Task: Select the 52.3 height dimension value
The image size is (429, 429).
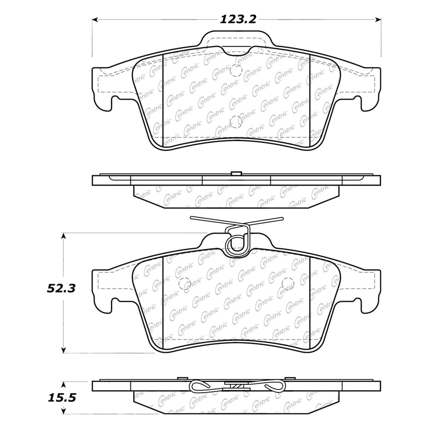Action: pos(61,289)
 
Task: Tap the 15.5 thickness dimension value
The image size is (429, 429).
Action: pos(62,398)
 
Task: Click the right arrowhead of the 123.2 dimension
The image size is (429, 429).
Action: pos(378,19)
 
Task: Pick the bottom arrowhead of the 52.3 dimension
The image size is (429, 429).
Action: pos(64,350)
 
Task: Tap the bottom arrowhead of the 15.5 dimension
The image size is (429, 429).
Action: pos(64,411)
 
